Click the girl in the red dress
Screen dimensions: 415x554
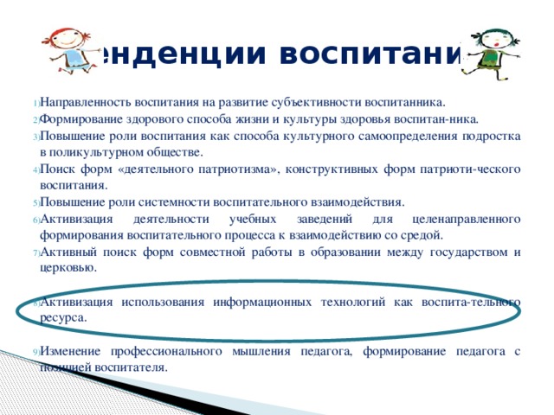pos(53,43)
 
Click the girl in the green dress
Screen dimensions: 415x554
pos(490,48)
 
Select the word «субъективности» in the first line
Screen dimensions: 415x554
pos(312,102)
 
